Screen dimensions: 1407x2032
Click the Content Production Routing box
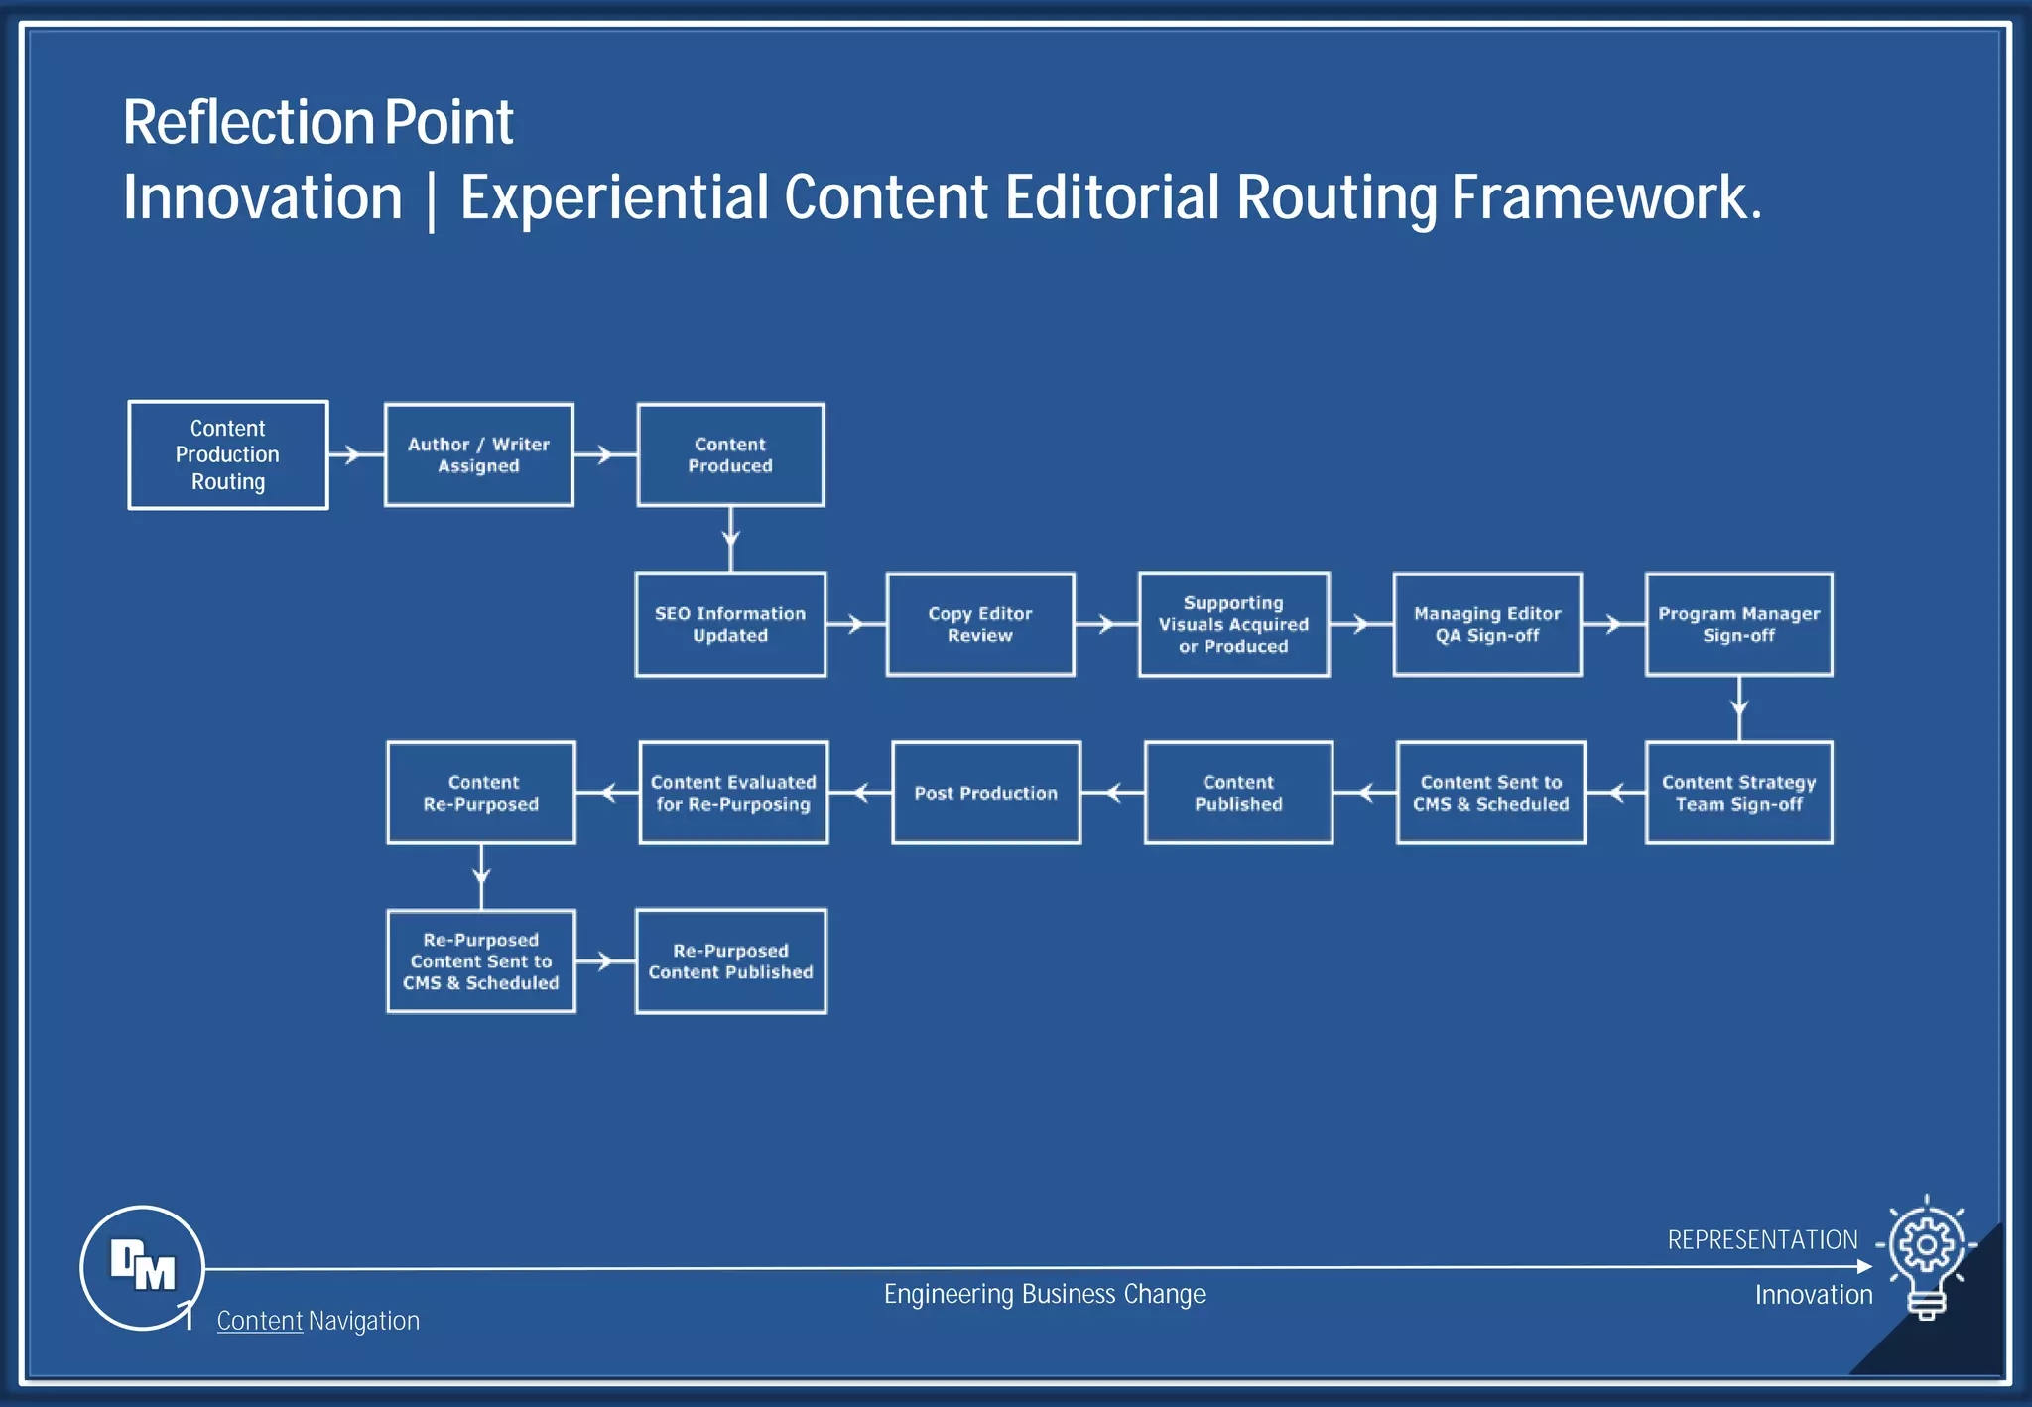click(228, 455)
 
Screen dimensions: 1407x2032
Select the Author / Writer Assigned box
click(478, 455)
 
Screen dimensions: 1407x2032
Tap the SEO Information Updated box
click(730, 624)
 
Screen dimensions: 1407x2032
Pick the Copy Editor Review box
click(980, 624)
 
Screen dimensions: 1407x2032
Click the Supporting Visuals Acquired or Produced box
click(1233, 624)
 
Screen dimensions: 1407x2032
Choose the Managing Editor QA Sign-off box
click(1487, 624)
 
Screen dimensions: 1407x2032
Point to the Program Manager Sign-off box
click(1738, 624)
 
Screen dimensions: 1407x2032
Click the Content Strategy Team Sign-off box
click(1738, 793)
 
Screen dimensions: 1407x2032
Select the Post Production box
click(986, 793)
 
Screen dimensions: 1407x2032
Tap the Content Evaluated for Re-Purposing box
click(733, 793)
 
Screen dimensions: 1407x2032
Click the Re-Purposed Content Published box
click(730, 961)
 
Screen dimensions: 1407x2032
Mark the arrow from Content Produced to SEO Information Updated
click(730, 539)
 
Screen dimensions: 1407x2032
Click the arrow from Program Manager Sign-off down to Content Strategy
click(1738, 707)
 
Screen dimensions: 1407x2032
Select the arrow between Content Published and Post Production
click(1112, 793)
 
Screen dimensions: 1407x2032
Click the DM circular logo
click(142, 1267)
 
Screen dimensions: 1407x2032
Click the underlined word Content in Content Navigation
click(259, 1321)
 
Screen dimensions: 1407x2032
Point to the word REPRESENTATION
click(1762, 1240)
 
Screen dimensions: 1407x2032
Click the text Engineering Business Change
click(1044, 1294)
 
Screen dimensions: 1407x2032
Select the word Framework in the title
click(1605, 197)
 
